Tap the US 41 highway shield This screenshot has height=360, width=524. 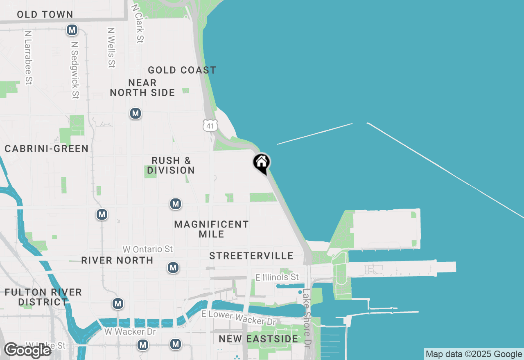point(210,126)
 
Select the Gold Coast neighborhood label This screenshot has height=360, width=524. point(182,70)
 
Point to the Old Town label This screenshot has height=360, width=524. point(45,15)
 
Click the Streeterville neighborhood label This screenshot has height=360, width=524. point(251,256)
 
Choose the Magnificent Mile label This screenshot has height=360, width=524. point(211,229)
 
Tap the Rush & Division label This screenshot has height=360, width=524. point(171,165)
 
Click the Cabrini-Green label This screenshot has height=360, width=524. point(47,148)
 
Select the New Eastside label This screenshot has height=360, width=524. point(258,339)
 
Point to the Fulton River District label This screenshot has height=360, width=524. point(43,297)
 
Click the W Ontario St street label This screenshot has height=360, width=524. point(148,249)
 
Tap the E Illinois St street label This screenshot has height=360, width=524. point(277,277)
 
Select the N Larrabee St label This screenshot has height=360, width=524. point(28,57)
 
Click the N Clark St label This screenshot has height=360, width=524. point(138,24)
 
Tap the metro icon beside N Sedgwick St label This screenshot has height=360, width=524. point(72,30)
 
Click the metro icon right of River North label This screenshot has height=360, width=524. point(173,268)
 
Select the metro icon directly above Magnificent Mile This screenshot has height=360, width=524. point(176,203)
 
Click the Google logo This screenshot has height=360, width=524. point(27,350)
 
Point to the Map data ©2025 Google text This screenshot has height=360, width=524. point(474,354)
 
